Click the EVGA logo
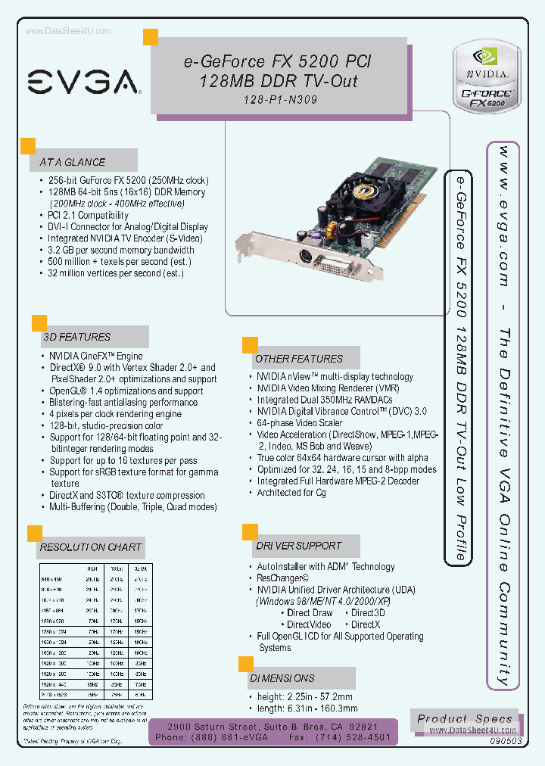(x=83, y=81)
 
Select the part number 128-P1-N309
(x=281, y=99)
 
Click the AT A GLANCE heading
(x=73, y=162)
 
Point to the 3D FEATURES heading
(x=77, y=337)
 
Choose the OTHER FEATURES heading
(x=299, y=359)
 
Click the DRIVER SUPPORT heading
(x=298, y=546)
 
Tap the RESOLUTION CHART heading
(x=91, y=547)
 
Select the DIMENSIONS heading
(x=282, y=678)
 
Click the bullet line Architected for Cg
(x=291, y=493)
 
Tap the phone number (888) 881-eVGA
(x=224, y=736)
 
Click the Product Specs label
(x=465, y=719)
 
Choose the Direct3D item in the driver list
(x=369, y=613)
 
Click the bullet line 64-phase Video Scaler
(x=300, y=423)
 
